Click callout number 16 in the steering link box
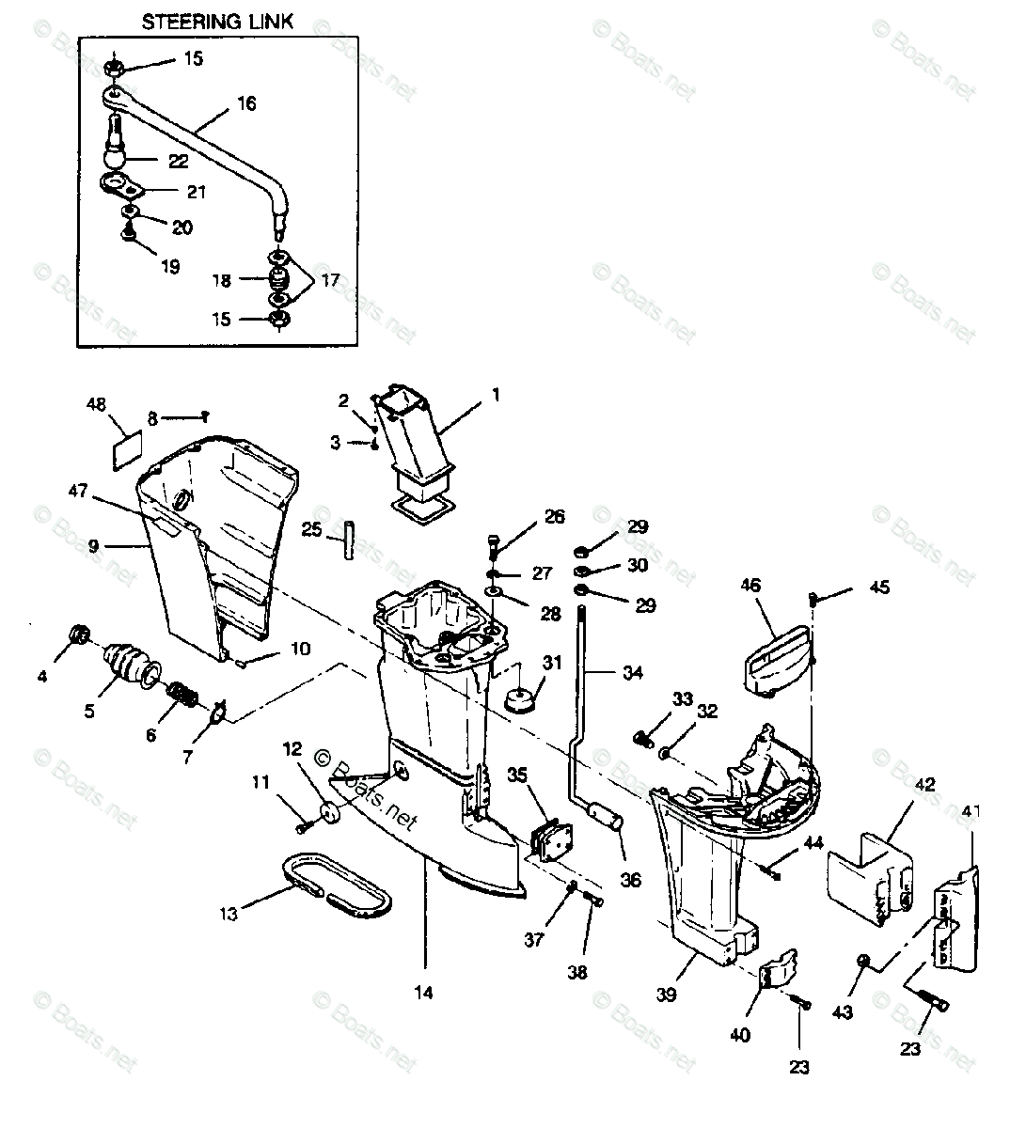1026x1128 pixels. [x=245, y=103]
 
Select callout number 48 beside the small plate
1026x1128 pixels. [x=97, y=405]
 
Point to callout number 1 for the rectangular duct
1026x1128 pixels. [x=496, y=396]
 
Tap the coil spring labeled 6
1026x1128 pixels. [x=183, y=697]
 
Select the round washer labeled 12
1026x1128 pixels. [x=331, y=813]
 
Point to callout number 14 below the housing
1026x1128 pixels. [x=424, y=992]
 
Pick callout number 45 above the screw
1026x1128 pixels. [x=878, y=588]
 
